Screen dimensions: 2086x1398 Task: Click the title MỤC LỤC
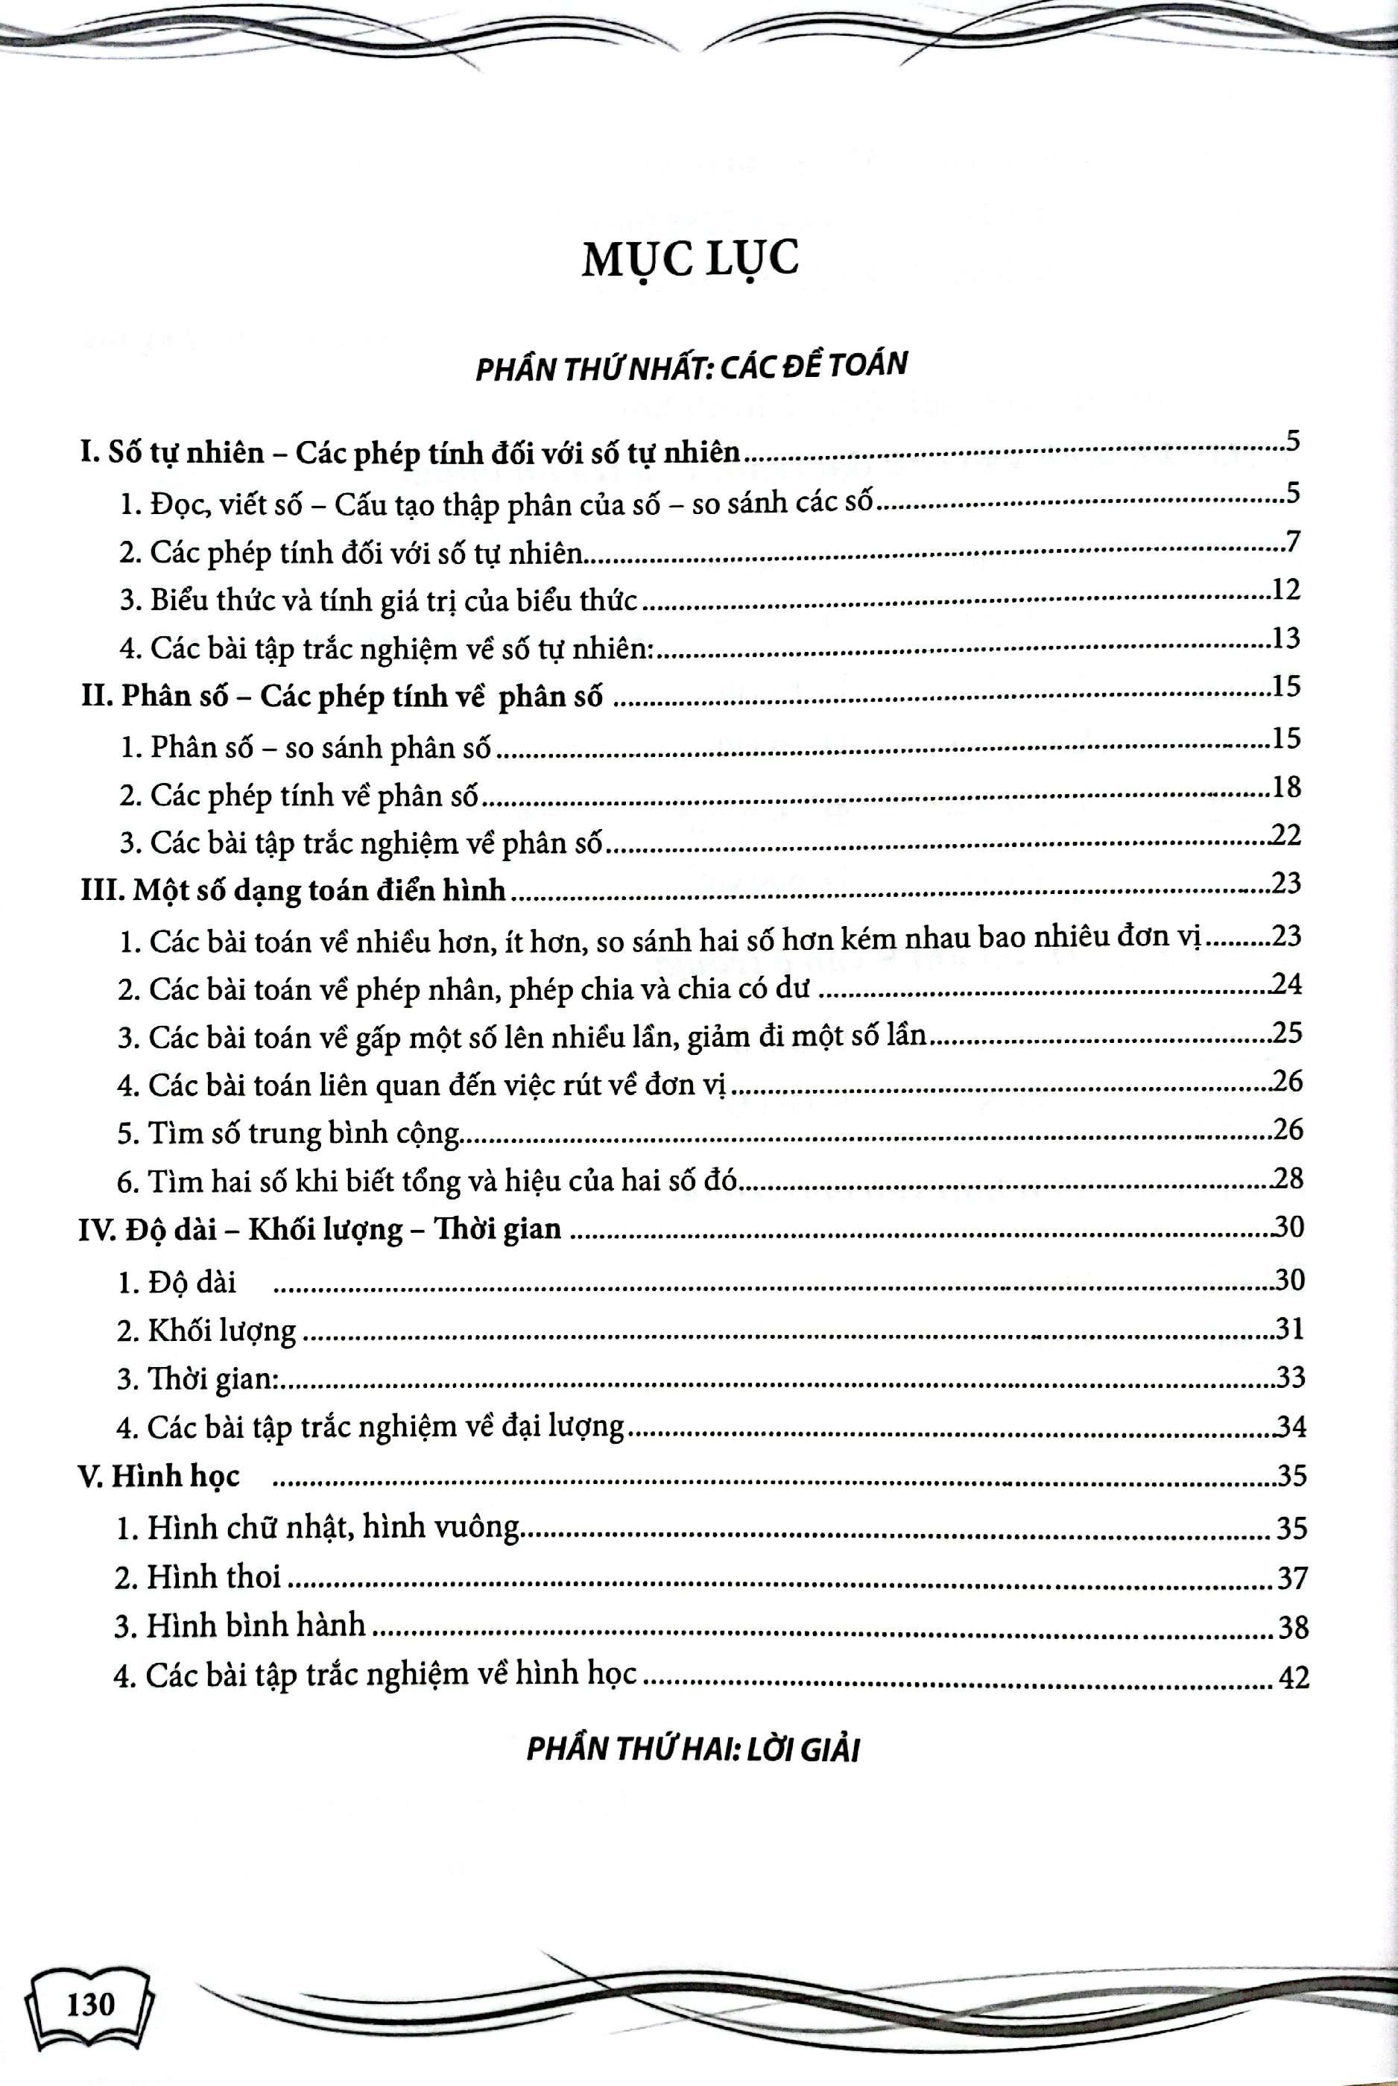click(690, 261)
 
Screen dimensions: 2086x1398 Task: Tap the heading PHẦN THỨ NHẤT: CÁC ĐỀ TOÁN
click(691, 367)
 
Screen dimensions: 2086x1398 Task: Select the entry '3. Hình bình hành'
click(240, 1626)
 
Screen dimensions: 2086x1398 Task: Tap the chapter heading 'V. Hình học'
click(160, 1477)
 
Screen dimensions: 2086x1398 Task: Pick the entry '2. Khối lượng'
click(207, 1331)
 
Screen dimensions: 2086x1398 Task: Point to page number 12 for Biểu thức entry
click(1288, 590)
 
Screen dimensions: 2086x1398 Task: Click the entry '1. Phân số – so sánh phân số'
click(306, 746)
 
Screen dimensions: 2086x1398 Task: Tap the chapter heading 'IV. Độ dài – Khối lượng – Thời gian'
click(320, 1230)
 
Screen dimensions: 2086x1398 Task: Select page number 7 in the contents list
click(1294, 541)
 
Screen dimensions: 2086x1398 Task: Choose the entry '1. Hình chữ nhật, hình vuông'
click(317, 1528)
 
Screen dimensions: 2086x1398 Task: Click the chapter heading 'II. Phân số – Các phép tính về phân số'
click(342, 696)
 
